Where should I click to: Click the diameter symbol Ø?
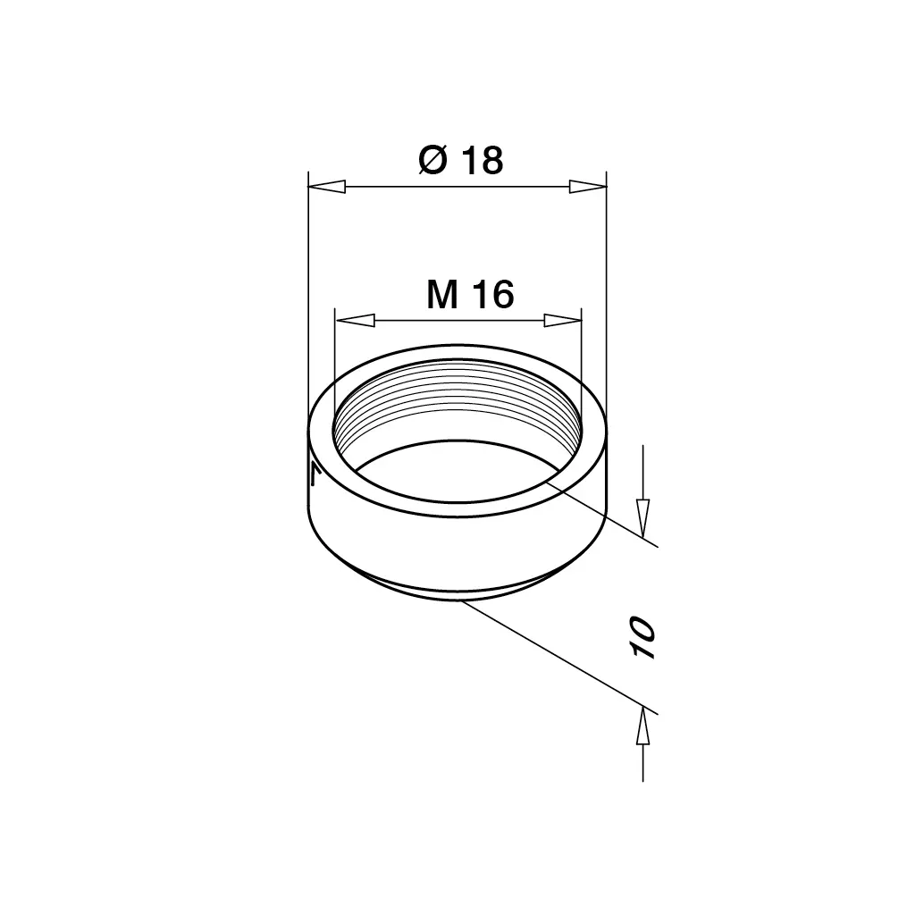pos(433,161)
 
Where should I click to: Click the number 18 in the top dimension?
pos(482,161)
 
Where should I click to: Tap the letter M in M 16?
pos(442,295)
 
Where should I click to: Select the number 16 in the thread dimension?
pos(493,295)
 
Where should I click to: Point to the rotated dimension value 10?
pos(642,636)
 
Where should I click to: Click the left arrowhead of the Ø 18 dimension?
pos(327,187)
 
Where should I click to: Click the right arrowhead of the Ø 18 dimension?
pos(588,187)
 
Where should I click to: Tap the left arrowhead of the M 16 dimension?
pos(356,321)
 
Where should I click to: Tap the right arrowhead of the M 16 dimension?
pos(563,321)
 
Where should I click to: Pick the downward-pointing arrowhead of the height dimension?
pos(642,518)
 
